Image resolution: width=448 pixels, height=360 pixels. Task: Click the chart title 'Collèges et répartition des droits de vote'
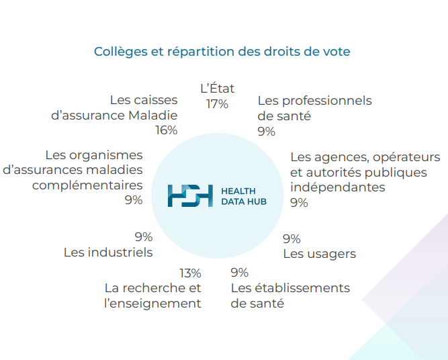[x=222, y=52]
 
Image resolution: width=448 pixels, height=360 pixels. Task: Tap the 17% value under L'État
[x=217, y=104]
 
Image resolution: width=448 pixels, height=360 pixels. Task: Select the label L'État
[x=218, y=88]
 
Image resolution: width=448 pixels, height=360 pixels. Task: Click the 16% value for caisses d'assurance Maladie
[x=167, y=130]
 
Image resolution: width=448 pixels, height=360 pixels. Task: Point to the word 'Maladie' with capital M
[x=153, y=116]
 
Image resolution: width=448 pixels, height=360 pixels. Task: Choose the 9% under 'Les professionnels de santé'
[x=266, y=132]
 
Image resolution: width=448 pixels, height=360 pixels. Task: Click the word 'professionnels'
[x=327, y=101]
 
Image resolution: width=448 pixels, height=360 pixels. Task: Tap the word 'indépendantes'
[x=338, y=187]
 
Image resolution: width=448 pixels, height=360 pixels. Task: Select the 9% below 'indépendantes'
[x=299, y=203]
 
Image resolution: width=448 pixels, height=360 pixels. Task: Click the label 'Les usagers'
[x=320, y=254]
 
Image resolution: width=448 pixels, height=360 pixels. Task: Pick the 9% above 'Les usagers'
[x=292, y=239]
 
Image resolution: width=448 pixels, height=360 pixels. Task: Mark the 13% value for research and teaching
[x=190, y=273]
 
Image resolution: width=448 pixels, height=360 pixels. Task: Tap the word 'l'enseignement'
[x=152, y=304]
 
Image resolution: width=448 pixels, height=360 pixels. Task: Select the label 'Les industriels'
[x=108, y=253]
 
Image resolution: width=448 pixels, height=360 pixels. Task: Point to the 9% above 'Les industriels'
[x=144, y=237]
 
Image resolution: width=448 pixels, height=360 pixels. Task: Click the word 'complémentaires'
[x=87, y=185]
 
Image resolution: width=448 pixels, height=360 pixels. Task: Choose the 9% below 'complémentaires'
[x=134, y=200]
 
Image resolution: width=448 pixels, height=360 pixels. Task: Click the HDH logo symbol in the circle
[x=190, y=195]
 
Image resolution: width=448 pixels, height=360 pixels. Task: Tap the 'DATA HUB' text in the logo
[x=244, y=201]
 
